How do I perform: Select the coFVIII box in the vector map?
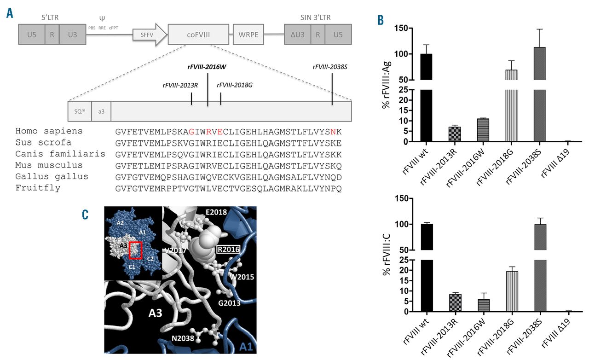[198, 34]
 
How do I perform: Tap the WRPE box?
[248, 34]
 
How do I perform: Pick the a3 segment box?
[101, 111]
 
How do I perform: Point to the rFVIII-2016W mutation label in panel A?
[207, 67]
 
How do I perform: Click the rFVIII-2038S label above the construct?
[329, 67]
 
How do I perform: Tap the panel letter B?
[381, 21]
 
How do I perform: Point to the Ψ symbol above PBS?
[102, 19]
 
